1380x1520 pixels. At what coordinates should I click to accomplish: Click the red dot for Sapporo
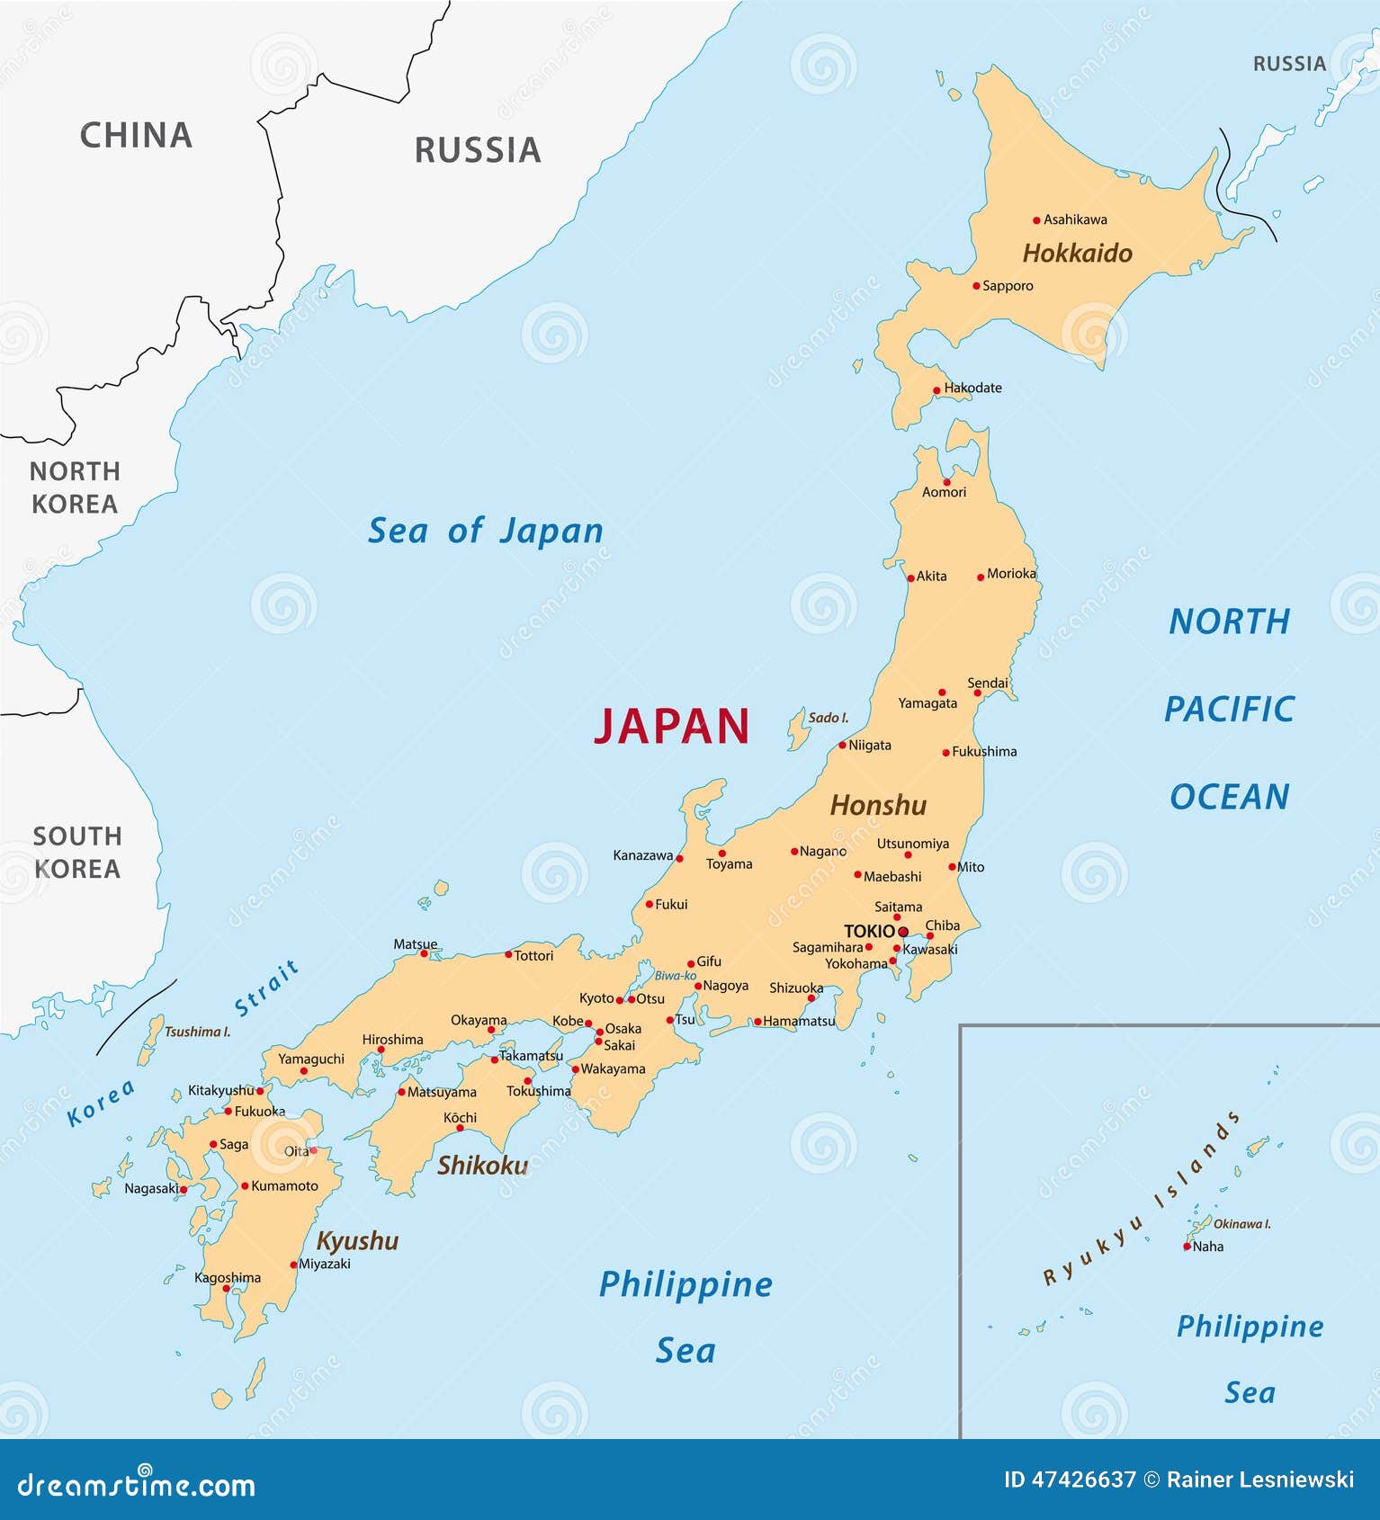pyautogui.click(x=976, y=286)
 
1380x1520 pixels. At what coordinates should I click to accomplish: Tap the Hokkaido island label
pyautogui.click(x=1077, y=254)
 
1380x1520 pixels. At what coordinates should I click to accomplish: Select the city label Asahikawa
pyautogui.click(x=1075, y=219)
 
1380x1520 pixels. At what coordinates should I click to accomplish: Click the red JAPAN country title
pyautogui.click(x=671, y=727)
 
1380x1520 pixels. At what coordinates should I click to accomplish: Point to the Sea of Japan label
pyautogui.click(x=486, y=531)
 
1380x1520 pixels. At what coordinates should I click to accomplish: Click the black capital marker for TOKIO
pyautogui.click(x=903, y=932)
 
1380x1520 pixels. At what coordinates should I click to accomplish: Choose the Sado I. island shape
pyautogui.click(x=796, y=729)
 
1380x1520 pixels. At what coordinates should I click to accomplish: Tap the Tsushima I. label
pyautogui.click(x=197, y=1032)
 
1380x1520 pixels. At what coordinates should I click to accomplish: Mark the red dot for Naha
pyautogui.click(x=1187, y=1247)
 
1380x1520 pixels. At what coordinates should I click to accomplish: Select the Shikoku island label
pyautogui.click(x=482, y=1166)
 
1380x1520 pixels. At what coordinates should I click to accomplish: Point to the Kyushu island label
pyautogui.click(x=357, y=1241)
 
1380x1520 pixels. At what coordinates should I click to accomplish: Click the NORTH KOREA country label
pyautogui.click(x=74, y=487)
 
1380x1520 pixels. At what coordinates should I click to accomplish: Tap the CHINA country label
pyautogui.click(x=136, y=136)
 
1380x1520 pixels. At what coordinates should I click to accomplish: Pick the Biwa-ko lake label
pyautogui.click(x=675, y=976)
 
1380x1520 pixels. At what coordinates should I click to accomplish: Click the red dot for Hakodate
pyautogui.click(x=936, y=390)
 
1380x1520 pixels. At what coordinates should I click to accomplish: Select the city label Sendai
pyautogui.click(x=987, y=684)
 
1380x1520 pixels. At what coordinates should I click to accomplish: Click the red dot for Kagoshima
pyautogui.click(x=227, y=1288)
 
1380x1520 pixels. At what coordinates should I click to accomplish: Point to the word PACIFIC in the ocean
pyautogui.click(x=1229, y=710)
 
